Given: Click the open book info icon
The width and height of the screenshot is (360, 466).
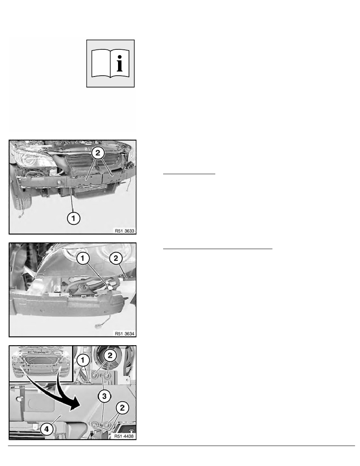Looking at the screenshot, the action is (x=111, y=64).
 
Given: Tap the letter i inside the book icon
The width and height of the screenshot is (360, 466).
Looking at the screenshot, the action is (x=120, y=63).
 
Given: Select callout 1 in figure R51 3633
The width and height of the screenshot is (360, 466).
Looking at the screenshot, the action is (x=73, y=218).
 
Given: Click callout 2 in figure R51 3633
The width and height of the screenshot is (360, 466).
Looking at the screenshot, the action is (x=98, y=153).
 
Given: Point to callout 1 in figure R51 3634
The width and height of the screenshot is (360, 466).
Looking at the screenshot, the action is (x=83, y=258).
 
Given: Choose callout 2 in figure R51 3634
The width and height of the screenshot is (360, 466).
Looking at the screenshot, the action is (x=116, y=258).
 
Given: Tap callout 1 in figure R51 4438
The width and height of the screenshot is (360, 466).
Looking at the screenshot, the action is (x=83, y=360).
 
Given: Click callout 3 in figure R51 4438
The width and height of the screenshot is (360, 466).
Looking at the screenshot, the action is (x=104, y=396).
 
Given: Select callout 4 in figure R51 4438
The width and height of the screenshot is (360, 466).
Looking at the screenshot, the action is (x=47, y=429).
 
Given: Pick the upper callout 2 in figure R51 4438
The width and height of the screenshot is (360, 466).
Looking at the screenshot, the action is (x=110, y=355).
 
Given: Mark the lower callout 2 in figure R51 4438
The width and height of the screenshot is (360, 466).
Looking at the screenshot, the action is (x=122, y=408).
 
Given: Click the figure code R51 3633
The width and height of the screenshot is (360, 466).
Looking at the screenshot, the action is (x=125, y=231).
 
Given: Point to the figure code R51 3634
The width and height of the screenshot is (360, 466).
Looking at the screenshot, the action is (x=125, y=334).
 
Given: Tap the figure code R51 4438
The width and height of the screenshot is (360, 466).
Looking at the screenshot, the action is (x=124, y=436).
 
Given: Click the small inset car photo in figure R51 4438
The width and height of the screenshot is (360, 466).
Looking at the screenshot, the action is (x=41, y=363).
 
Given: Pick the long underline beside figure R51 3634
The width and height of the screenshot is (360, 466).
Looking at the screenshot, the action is (x=218, y=248).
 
